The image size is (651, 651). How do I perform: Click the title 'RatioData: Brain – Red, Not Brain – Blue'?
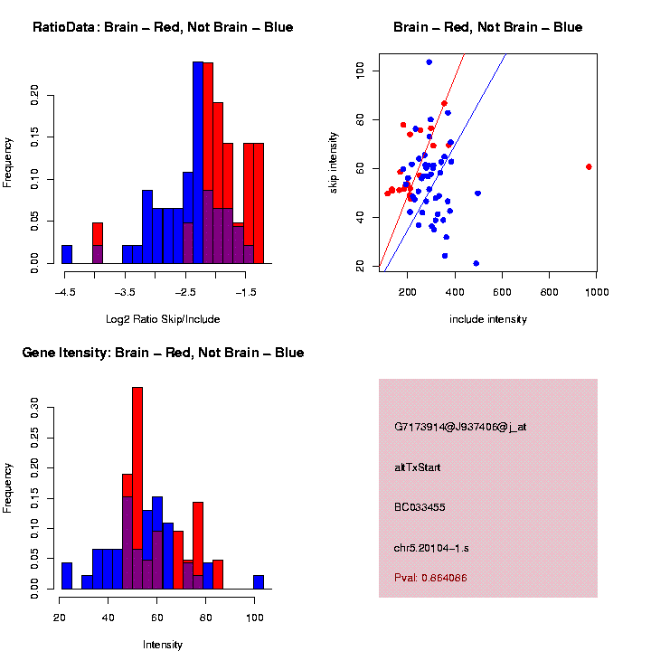pyautogui.click(x=163, y=28)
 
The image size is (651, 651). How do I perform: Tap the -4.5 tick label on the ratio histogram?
pyautogui.click(x=64, y=293)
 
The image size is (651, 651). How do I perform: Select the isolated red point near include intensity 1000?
pyautogui.click(x=589, y=166)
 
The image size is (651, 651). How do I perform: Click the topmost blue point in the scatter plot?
pyautogui.click(x=429, y=62)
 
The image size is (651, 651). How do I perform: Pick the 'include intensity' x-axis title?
pyautogui.click(x=488, y=319)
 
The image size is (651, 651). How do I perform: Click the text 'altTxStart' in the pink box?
pyautogui.click(x=417, y=467)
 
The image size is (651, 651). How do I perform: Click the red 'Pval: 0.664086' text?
pyautogui.click(x=430, y=577)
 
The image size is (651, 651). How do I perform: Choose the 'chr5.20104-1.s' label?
pyautogui.click(x=431, y=548)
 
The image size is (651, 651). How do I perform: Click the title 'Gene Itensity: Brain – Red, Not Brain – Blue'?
pyautogui.click(x=163, y=353)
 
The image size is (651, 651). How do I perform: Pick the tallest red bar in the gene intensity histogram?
pyautogui.click(x=137, y=488)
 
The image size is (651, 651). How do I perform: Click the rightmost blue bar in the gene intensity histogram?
pyautogui.click(x=259, y=582)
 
